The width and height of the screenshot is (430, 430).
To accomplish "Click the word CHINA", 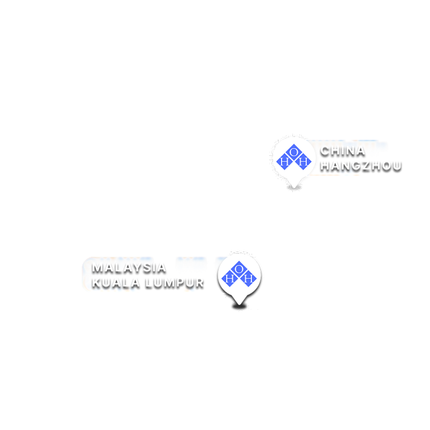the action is (x=342, y=151).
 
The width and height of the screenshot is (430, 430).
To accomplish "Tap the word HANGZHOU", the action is (x=361, y=166).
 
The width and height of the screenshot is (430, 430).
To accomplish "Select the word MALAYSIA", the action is (x=129, y=268).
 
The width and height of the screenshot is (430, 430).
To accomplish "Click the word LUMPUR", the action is (x=174, y=283).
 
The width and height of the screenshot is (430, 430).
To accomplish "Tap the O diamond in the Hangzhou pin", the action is (x=293, y=152).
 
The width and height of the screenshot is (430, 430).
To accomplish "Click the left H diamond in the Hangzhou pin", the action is (x=284, y=162).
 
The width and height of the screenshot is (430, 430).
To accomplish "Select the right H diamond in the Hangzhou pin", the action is (x=303, y=162).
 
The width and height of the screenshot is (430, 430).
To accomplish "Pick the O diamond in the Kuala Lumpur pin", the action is (x=239, y=269).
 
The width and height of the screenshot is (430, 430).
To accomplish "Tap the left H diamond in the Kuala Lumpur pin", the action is (x=230, y=278).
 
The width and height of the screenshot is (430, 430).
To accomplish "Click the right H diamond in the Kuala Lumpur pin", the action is (x=248, y=278).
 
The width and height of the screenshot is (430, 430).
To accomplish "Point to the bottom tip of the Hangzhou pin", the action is (x=294, y=188).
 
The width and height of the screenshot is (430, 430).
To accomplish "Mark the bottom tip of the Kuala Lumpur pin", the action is (x=239, y=305).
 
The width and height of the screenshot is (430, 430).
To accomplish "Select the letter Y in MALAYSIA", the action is (x=138, y=268).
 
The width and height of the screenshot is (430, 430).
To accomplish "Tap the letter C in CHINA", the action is (x=325, y=151).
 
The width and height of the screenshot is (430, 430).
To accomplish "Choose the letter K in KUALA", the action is (x=97, y=283).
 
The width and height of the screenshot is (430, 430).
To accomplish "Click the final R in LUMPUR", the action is (x=199, y=283).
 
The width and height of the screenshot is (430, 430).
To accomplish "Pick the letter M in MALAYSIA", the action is (x=98, y=268).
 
